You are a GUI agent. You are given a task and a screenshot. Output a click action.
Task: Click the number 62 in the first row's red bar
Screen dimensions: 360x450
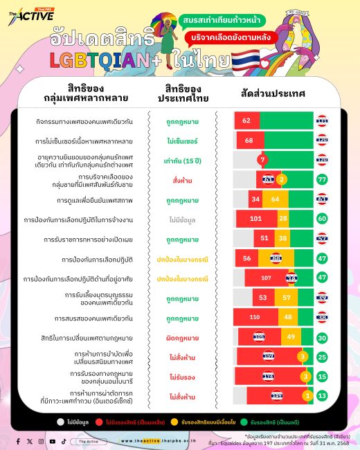(246, 120)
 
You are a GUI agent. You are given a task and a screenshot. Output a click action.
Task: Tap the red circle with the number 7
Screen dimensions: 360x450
(262, 159)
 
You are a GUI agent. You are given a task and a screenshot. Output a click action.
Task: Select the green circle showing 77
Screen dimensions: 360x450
(321, 179)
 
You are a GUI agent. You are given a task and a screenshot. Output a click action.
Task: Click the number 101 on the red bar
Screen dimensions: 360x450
(255, 219)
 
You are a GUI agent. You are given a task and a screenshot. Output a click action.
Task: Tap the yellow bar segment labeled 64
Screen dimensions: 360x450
(275, 199)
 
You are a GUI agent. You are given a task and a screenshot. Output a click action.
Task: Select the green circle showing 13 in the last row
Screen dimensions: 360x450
(321, 397)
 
